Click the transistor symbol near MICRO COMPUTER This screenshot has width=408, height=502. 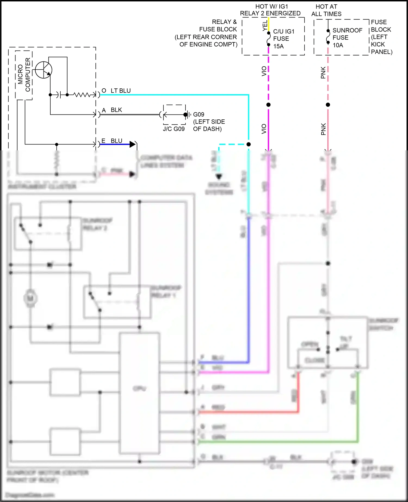[x=44, y=70]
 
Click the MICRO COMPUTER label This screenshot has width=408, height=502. [x=24, y=75]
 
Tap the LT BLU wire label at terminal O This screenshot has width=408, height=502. [x=120, y=91]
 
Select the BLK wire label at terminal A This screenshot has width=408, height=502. [x=116, y=110]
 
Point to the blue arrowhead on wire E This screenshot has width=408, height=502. [x=132, y=144]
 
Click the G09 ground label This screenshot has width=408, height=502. [x=199, y=114]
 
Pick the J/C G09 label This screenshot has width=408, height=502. [x=174, y=129]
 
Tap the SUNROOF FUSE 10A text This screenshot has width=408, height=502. [x=347, y=38]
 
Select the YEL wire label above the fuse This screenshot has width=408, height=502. [x=265, y=26]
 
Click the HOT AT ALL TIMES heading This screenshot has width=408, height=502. [x=326, y=10]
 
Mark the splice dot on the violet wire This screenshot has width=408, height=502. [x=268, y=105]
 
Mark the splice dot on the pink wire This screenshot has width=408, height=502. [x=328, y=105]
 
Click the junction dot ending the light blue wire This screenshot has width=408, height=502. [x=249, y=144]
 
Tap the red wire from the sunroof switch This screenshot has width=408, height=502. [x=298, y=394]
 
